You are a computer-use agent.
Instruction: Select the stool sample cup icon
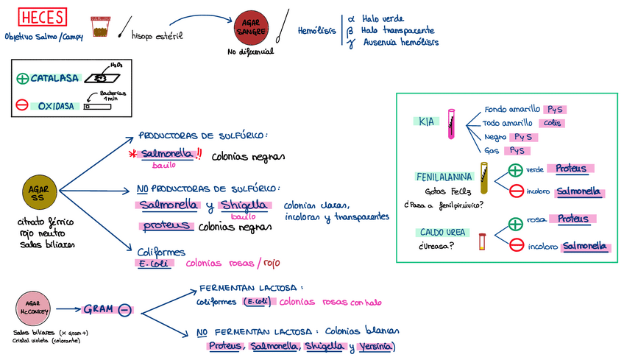click(x=99, y=26)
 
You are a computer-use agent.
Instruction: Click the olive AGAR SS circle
click(x=38, y=193)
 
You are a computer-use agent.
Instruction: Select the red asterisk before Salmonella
click(x=133, y=154)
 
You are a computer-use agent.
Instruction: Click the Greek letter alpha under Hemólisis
click(x=351, y=18)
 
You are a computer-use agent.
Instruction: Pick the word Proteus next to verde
click(x=571, y=169)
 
